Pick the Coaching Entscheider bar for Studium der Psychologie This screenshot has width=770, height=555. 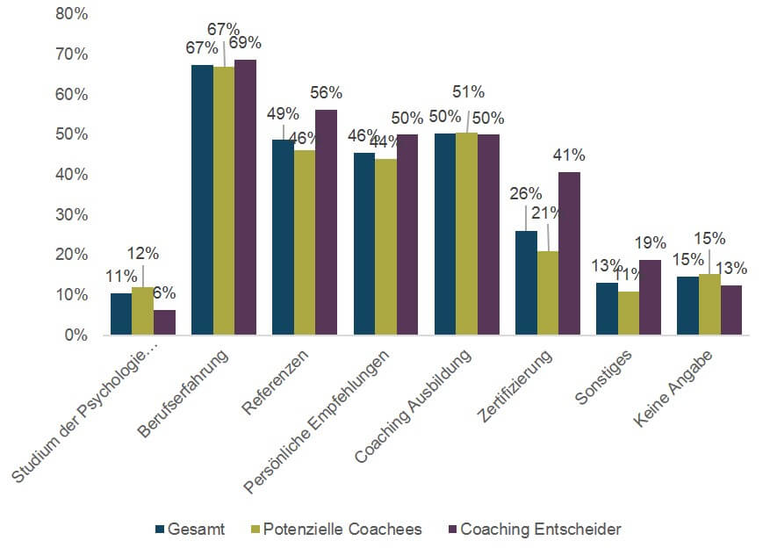click(164, 322)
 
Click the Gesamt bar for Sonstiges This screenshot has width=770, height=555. click(607, 308)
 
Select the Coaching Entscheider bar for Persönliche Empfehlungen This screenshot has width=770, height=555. click(407, 234)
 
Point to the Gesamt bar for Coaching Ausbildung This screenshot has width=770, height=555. click(445, 234)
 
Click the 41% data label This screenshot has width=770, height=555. click(569, 155)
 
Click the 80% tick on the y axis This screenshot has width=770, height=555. click(71, 14)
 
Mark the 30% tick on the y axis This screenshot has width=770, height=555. click(71, 215)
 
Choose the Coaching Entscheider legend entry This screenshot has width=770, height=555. click(541, 530)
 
